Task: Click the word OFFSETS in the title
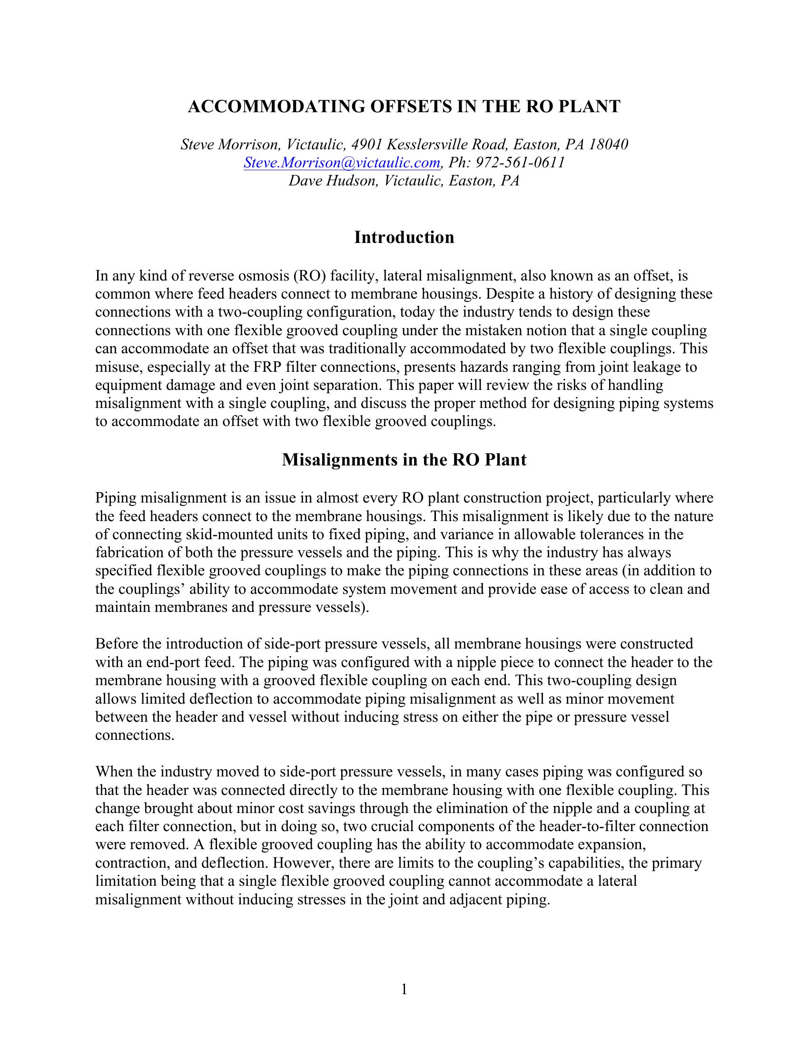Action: pos(408,107)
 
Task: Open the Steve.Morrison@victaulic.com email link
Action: pos(342,163)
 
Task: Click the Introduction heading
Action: pos(404,238)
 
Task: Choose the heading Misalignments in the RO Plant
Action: pos(404,460)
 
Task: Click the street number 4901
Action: pos(368,145)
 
